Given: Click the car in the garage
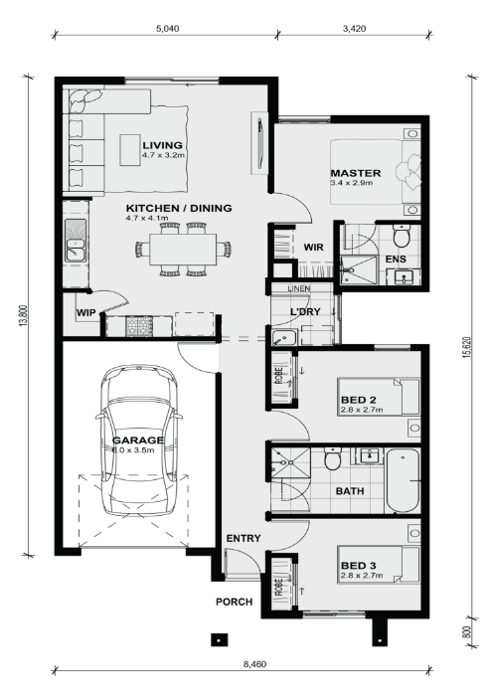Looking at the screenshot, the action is point(139,440).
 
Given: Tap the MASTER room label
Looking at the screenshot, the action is point(355,173).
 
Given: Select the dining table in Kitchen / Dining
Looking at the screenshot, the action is point(183,249).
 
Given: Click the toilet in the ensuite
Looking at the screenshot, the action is point(402,236).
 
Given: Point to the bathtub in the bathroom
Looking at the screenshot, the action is point(403,481).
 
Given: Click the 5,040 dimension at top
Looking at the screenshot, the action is point(167,29).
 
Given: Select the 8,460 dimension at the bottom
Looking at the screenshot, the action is point(254,664).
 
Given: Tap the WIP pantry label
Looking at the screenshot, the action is point(85,312).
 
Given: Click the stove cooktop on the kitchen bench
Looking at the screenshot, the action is point(139,326).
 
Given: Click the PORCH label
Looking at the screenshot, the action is point(235,602).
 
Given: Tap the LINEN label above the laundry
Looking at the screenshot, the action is point(299,288).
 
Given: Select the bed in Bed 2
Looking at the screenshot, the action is point(379,397).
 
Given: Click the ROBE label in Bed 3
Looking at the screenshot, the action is point(279,588).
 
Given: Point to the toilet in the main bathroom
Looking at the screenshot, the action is point(332,459).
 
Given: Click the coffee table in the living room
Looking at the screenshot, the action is point(130,149).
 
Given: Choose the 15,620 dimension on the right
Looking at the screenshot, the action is point(466,346).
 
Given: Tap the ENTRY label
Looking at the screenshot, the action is point(244,538).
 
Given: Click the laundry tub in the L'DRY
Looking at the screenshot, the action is point(284,338).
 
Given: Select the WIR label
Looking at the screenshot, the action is point(313,247).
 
